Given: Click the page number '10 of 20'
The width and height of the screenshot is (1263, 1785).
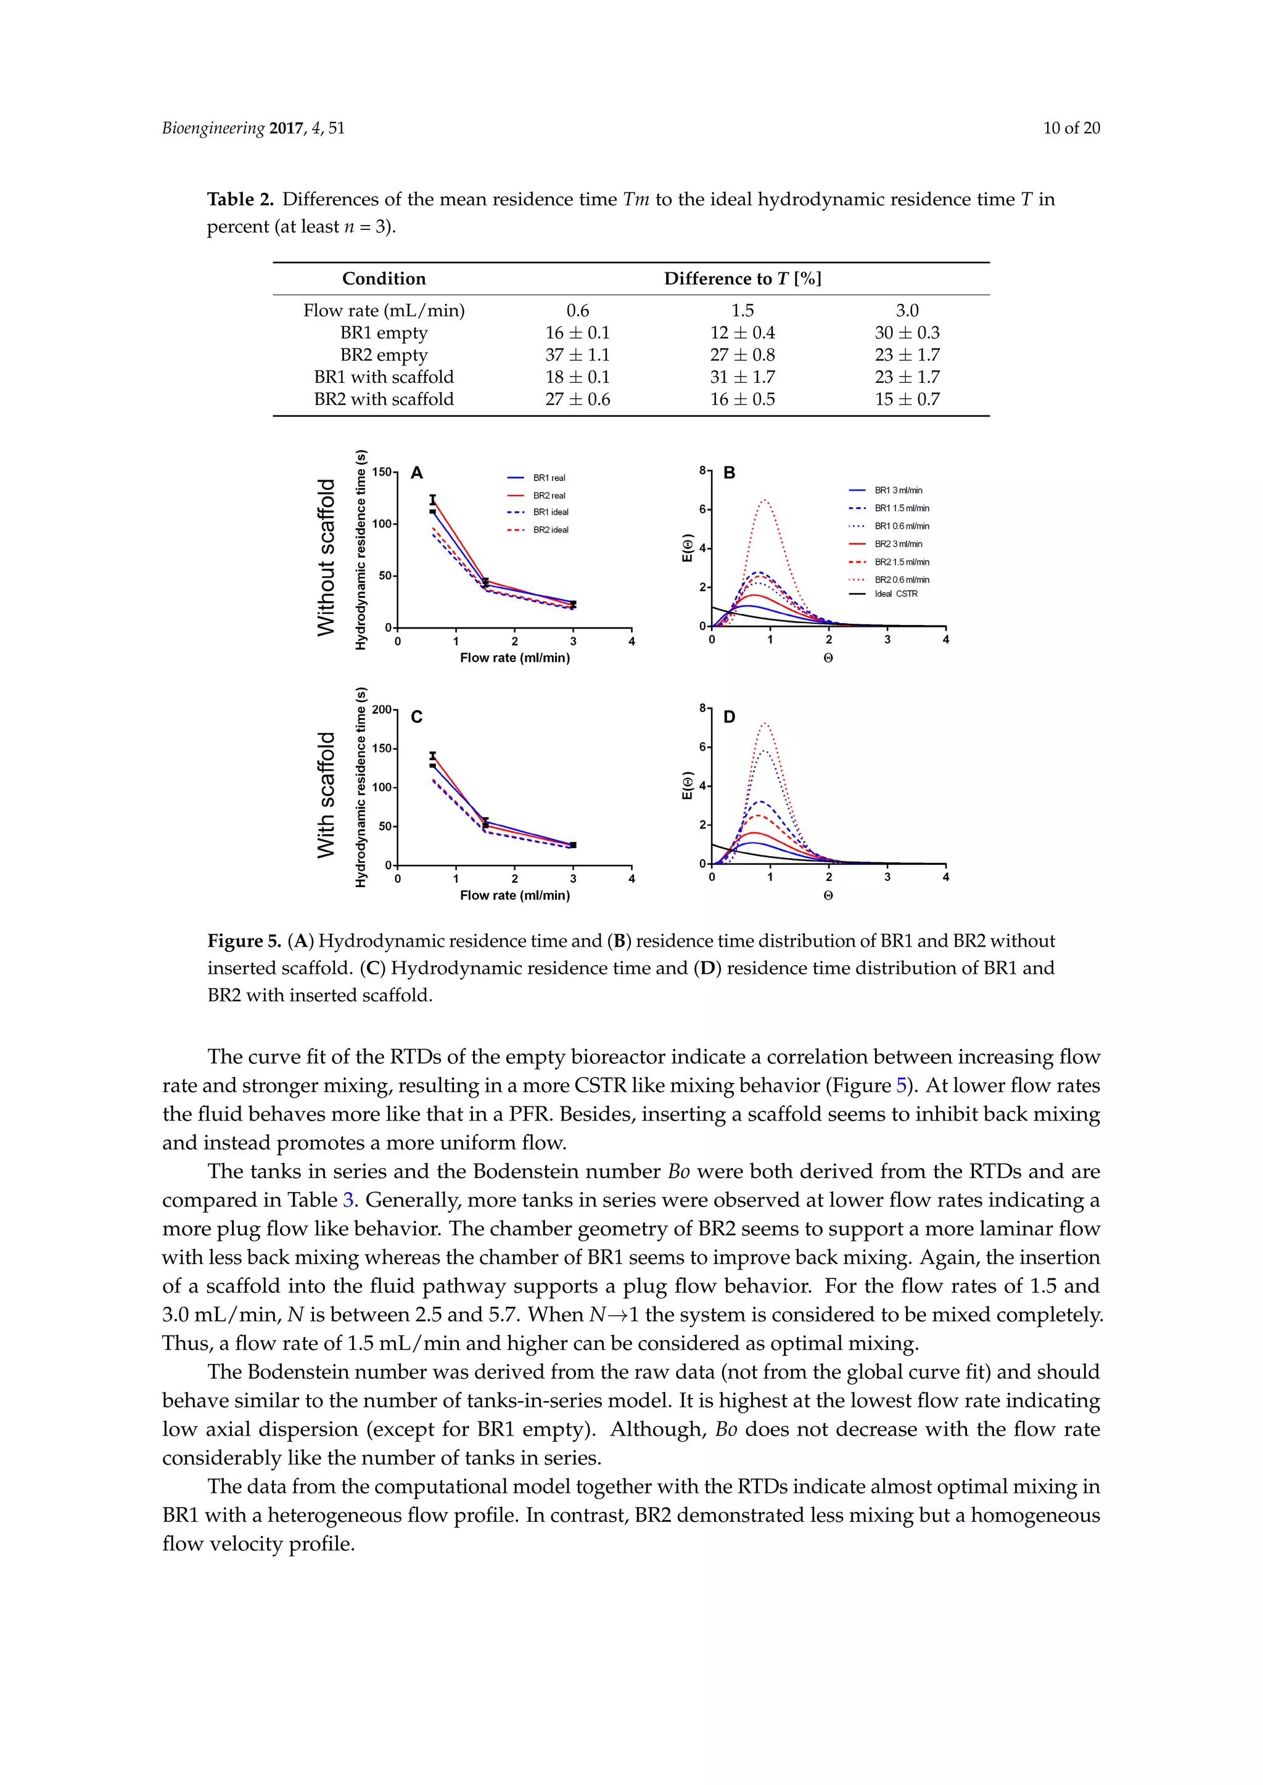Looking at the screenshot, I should click(1071, 128).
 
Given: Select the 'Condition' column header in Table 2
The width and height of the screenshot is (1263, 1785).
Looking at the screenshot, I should click(384, 279).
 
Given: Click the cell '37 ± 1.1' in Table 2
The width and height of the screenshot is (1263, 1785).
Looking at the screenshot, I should click(577, 354).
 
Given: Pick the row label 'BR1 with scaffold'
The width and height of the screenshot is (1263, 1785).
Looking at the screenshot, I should click(384, 377).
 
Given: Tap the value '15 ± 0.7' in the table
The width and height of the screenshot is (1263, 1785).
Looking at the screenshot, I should click(907, 399).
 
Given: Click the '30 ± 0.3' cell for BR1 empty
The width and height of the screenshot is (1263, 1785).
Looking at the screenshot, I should click(907, 333).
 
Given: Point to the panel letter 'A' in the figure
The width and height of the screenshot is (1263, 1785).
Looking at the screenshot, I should click(417, 473).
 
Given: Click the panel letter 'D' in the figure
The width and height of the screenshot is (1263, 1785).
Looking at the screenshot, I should click(729, 717).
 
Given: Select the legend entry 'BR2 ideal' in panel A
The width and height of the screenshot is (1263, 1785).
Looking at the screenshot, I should click(551, 530).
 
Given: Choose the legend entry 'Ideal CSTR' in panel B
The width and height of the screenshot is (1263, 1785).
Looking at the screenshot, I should click(896, 594).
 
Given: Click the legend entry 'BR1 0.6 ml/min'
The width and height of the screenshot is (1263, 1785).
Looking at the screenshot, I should click(902, 526).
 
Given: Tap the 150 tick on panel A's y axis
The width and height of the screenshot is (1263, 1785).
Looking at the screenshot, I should click(382, 472).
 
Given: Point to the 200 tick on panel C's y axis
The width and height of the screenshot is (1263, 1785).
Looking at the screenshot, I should click(382, 709).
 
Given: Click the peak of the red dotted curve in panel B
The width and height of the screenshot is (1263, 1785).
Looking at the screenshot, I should click(765, 500).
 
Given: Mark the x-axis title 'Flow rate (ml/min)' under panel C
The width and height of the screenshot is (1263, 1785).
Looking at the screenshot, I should click(515, 895).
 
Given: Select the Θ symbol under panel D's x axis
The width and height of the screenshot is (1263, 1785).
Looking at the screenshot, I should click(828, 896).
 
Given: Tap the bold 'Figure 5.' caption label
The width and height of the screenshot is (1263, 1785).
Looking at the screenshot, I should click(244, 941).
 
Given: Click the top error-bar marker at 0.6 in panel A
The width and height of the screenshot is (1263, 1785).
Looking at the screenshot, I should click(433, 499).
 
